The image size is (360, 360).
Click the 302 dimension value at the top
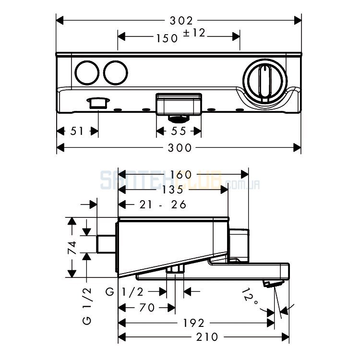click(181, 21)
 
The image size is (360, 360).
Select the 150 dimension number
click(167, 38)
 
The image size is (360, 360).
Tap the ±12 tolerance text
click(194, 33)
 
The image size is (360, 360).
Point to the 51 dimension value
click(77, 132)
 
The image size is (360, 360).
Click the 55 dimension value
click(179, 132)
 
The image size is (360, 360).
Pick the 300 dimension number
click(180, 148)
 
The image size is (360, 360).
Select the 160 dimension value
click(180, 175)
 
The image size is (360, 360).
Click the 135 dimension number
click(173, 190)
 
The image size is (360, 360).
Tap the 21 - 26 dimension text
click(163, 204)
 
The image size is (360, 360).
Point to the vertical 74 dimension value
click(72, 247)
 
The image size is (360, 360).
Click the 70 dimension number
click(147, 308)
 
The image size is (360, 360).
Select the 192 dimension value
click(193, 323)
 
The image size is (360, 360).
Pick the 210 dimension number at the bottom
click(207, 337)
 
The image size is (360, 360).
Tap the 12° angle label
click(250, 298)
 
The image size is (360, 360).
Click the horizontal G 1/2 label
click(124, 292)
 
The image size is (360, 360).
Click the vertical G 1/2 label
click(87, 306)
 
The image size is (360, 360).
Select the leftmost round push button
click(87, 73)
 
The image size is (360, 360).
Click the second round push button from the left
click(116, 73)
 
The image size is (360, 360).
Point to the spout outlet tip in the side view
click(274, 284)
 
